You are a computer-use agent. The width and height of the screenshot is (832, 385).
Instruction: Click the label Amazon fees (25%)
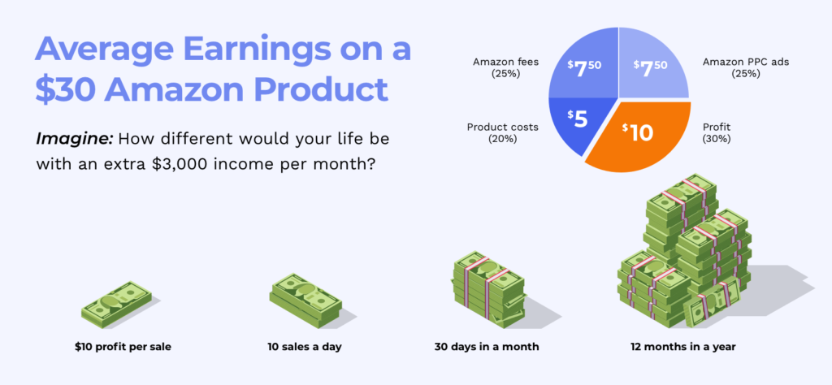498,68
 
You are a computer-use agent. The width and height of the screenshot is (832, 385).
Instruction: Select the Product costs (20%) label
502,133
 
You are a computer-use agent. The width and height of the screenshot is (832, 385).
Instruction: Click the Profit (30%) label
717,133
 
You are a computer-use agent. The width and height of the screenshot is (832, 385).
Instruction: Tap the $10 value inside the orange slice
638,132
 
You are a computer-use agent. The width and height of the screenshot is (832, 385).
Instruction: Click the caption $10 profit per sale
123,348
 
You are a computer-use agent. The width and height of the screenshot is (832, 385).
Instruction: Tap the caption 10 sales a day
305,348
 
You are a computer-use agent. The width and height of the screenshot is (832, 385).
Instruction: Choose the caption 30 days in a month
487,348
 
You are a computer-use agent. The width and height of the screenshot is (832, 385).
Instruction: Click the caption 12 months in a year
682,348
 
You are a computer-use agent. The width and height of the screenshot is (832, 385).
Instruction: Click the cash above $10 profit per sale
116,305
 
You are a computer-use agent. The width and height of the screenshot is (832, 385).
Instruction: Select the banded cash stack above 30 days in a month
488,289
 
